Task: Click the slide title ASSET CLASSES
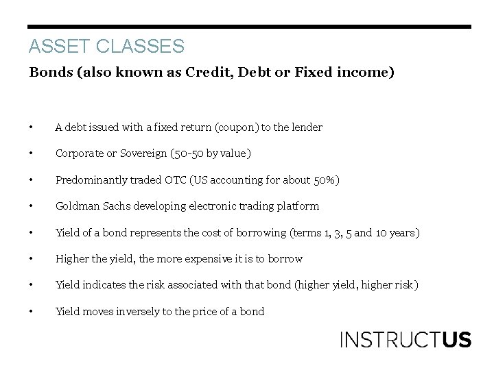click(106, 46)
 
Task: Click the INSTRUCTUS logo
click(405, 340)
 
